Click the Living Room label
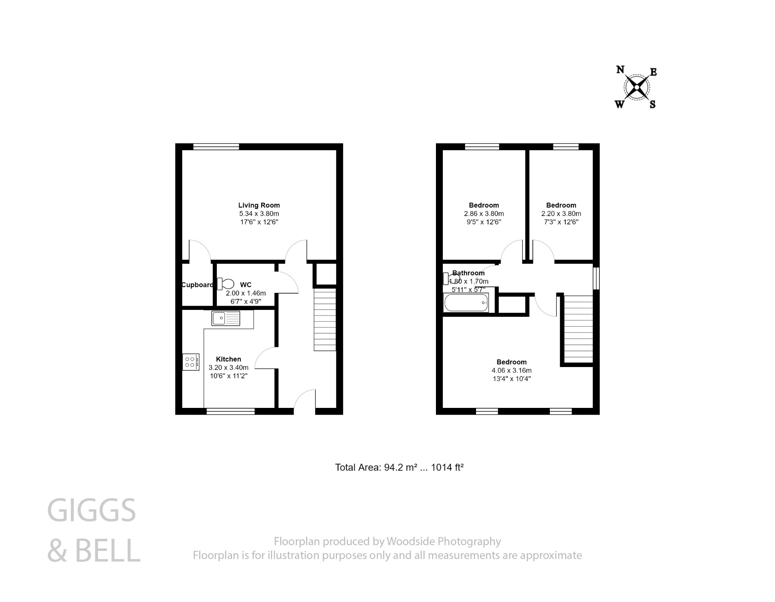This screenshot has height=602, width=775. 259,205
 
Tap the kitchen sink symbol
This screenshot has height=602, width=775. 226,318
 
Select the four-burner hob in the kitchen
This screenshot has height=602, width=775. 191,362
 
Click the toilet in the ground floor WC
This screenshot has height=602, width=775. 226,284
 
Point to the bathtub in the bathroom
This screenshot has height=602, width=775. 466,303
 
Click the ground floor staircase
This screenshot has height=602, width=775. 325,320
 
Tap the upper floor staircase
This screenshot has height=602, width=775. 578,329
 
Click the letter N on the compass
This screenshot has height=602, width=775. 620,70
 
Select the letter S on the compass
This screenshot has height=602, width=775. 652,105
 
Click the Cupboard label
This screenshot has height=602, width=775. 197,285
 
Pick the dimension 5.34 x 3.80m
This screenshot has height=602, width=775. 259,214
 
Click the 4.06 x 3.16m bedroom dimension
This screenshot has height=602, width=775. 511,370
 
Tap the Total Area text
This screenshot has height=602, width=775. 399,467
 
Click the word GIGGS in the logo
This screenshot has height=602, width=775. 91,510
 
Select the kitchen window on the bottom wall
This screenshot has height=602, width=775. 230,411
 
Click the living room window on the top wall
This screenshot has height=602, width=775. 216,147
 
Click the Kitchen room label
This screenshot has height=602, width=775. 228,359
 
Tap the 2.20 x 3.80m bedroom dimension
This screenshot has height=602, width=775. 561,214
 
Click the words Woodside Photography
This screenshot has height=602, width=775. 443,541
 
